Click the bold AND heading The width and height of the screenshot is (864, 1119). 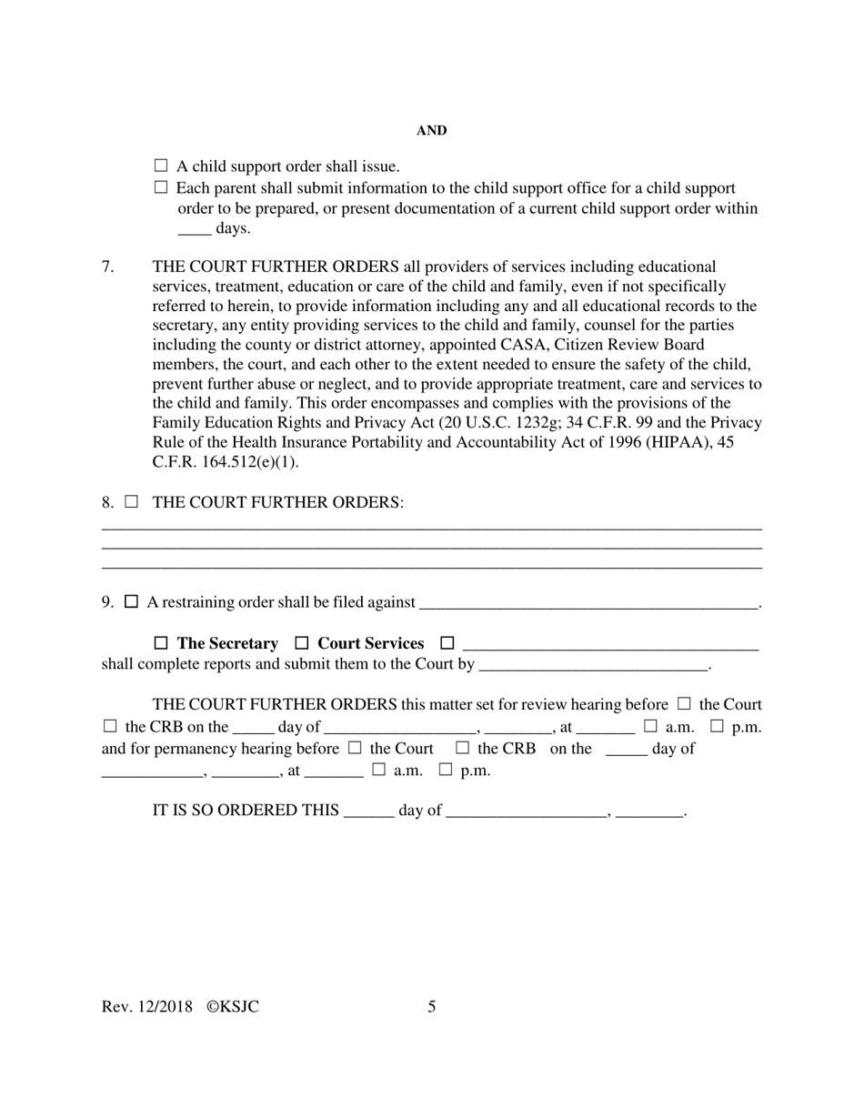click(431, 131)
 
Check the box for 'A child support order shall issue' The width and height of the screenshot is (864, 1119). click(161, 166)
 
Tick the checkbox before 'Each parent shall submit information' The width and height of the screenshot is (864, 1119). click(161, 187)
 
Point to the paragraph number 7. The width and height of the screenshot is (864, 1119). click(107, 267)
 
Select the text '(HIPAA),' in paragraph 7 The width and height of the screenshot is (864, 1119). click(686, 442)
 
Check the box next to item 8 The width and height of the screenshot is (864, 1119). click(132, 501)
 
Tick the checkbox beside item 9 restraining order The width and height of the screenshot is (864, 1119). click(132, 601)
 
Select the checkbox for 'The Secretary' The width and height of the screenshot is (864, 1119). click(161, 643)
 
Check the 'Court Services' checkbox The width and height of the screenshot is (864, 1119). click(302, 643)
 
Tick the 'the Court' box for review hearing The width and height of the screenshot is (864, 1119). click(684, 704)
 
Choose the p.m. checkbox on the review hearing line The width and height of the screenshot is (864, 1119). click(717, 726)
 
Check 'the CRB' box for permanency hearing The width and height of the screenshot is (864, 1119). click(462, 748)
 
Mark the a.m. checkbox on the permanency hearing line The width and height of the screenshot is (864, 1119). click(378, 770)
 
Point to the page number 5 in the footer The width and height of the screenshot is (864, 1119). click(431, 1006)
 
